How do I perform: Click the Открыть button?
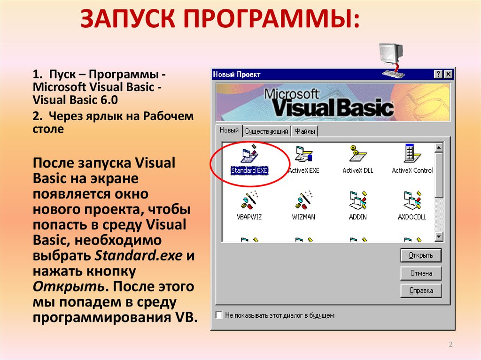pos(421,255)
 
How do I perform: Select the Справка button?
pos(421,291)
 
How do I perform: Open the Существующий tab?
pos(267,131)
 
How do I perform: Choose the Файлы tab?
pos(304,131)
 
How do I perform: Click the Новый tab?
pos(229,130)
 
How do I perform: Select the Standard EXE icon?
pos(249,153)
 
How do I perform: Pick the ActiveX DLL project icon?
pos(357,153)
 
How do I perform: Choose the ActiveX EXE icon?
pos(304,153)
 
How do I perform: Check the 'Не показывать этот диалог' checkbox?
pos(219,315)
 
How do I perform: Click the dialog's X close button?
pos(448,74)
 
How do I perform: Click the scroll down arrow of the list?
pos(439,237)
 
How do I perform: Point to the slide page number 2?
pos(450,344)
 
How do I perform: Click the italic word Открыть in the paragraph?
pos(69,286)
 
